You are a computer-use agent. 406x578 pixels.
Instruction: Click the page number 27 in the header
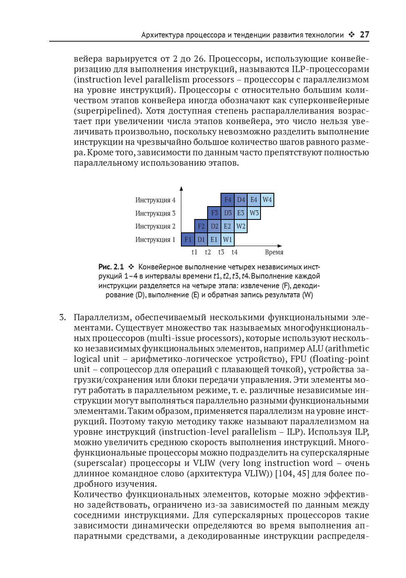point(364,35)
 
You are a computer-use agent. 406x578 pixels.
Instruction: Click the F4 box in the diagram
point(228,200)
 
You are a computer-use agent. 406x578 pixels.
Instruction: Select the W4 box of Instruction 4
point(267,200)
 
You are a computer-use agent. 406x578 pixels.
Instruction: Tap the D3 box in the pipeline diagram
point(228,213)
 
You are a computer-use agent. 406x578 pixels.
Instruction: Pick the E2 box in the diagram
point(227,227)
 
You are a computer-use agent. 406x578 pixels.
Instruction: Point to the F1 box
point(188,240)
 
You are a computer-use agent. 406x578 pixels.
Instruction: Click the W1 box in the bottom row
point(227,240)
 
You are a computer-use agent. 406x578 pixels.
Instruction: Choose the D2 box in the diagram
point(214,227)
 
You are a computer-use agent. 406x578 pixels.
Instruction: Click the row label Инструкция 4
point(155,200)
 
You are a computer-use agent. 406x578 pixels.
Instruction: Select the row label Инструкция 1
point(155,240)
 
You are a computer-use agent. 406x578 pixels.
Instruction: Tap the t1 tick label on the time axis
point(195,252)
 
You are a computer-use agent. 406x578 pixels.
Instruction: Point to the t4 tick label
point(235,252)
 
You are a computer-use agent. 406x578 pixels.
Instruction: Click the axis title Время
point(274,252)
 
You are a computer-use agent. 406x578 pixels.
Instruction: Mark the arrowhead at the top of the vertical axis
point(181,189)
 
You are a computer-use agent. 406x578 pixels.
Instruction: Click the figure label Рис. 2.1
point(111,267)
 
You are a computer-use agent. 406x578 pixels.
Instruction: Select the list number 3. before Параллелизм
point(62,318)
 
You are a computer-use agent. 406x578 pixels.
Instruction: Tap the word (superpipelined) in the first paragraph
point(106,111)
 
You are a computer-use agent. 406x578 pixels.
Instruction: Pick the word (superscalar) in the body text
point(100,463)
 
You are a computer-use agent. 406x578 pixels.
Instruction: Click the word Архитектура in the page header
point(162,35)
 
